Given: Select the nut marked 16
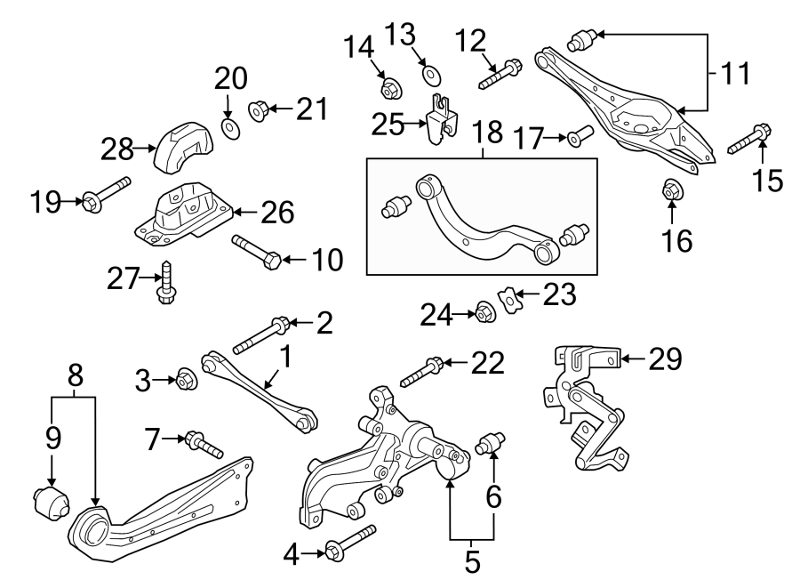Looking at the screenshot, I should [672, 190].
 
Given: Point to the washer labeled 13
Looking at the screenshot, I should [431, 72].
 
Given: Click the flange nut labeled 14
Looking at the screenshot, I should [389, 88].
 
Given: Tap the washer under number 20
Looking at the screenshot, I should [228, 130].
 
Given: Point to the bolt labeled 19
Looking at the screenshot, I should [105, 196].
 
